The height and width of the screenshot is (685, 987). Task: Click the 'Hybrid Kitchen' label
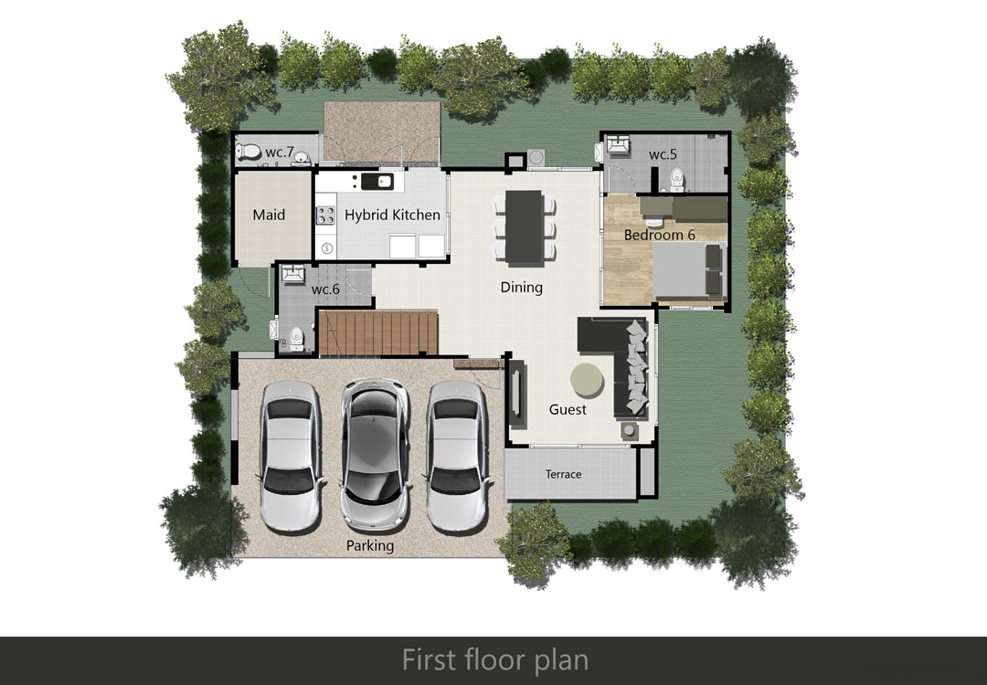[392, 216]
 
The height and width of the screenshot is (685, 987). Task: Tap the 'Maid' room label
[269, 216]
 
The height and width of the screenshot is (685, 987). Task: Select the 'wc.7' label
[280, 152]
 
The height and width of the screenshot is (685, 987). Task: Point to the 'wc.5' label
[663, 154]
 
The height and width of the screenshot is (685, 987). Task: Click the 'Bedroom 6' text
[659, 235]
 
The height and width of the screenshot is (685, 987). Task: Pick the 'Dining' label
[521, 288]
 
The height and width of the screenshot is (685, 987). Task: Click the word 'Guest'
[568, 409]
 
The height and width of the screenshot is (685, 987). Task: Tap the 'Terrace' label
[563, 474]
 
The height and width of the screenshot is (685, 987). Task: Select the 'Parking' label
[370, 545]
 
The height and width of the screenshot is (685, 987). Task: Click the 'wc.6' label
[325, 290]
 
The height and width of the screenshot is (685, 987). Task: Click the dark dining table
[525, 227]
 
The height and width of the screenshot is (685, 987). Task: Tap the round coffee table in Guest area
[588, 381]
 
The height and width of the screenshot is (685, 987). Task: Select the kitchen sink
[377, 182]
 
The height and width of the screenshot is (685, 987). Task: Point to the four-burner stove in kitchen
[325, 216]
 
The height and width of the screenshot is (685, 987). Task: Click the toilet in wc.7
[248, 152]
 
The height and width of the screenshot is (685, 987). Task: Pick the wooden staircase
[377, 332]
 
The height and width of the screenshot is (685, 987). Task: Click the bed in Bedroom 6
[689, 269]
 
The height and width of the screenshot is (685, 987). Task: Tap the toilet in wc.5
[676, 179]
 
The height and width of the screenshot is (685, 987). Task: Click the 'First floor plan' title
[495, 659]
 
